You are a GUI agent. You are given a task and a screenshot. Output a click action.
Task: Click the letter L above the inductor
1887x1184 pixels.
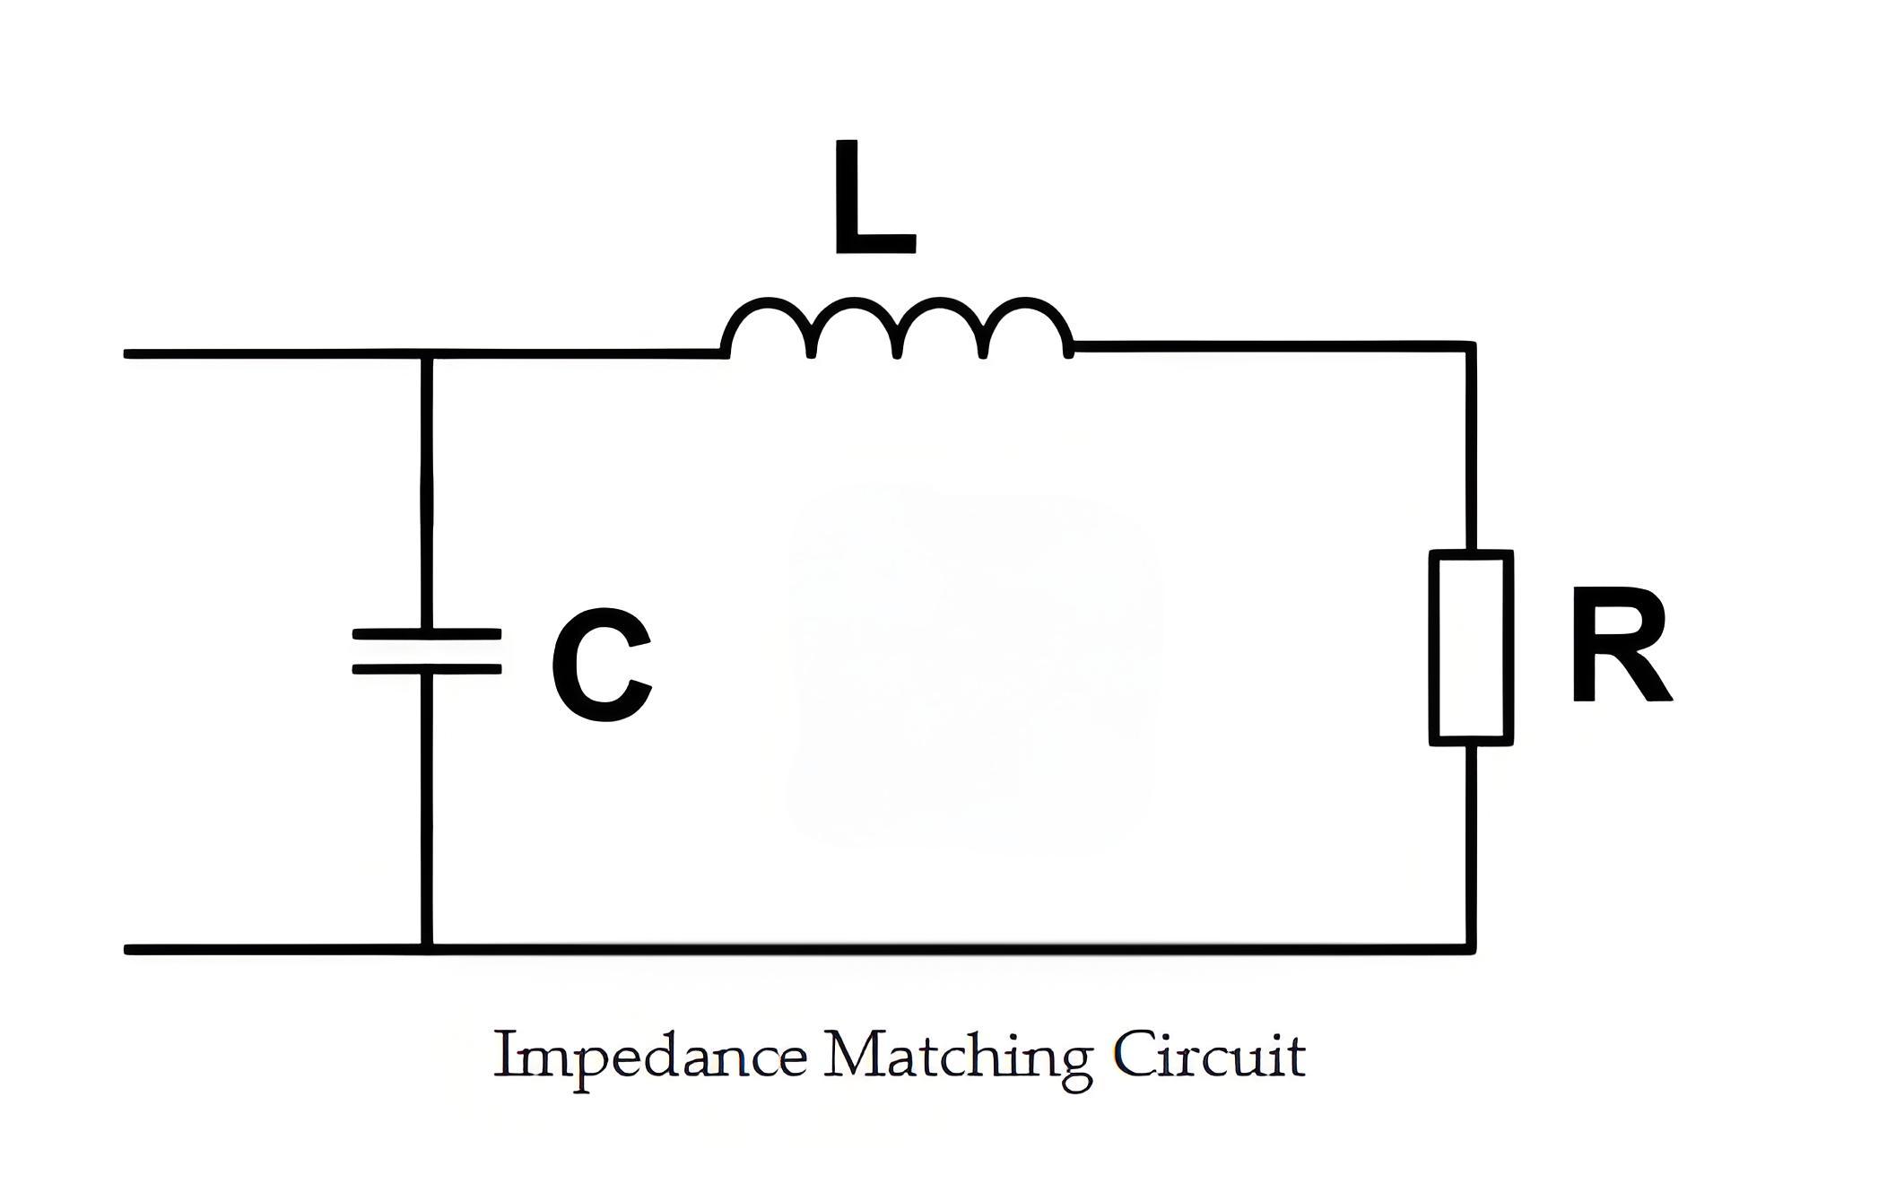click(874, 197)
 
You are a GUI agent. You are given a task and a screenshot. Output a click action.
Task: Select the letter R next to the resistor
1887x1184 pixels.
click(1621, 645)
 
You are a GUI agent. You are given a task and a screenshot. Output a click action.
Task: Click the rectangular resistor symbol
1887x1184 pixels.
click(1471, 648)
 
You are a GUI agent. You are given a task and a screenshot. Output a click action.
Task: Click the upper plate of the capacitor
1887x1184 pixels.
click(427, 633)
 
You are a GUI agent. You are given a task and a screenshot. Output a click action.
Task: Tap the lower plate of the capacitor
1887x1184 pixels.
click(427, 668)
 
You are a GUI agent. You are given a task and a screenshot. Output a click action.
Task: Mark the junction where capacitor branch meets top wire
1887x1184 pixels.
click(427, 354)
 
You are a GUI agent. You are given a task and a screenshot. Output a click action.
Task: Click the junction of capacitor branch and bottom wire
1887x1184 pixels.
click(427, 949)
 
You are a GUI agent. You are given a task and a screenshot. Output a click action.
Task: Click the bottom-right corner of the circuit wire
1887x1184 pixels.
click(1471, 949)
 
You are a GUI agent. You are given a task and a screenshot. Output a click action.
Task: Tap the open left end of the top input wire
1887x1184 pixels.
click(127, 354)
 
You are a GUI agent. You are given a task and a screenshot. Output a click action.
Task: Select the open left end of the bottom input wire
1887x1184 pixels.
click(127, 950)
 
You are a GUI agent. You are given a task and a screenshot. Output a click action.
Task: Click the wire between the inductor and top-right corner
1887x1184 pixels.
click(1272, 346)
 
